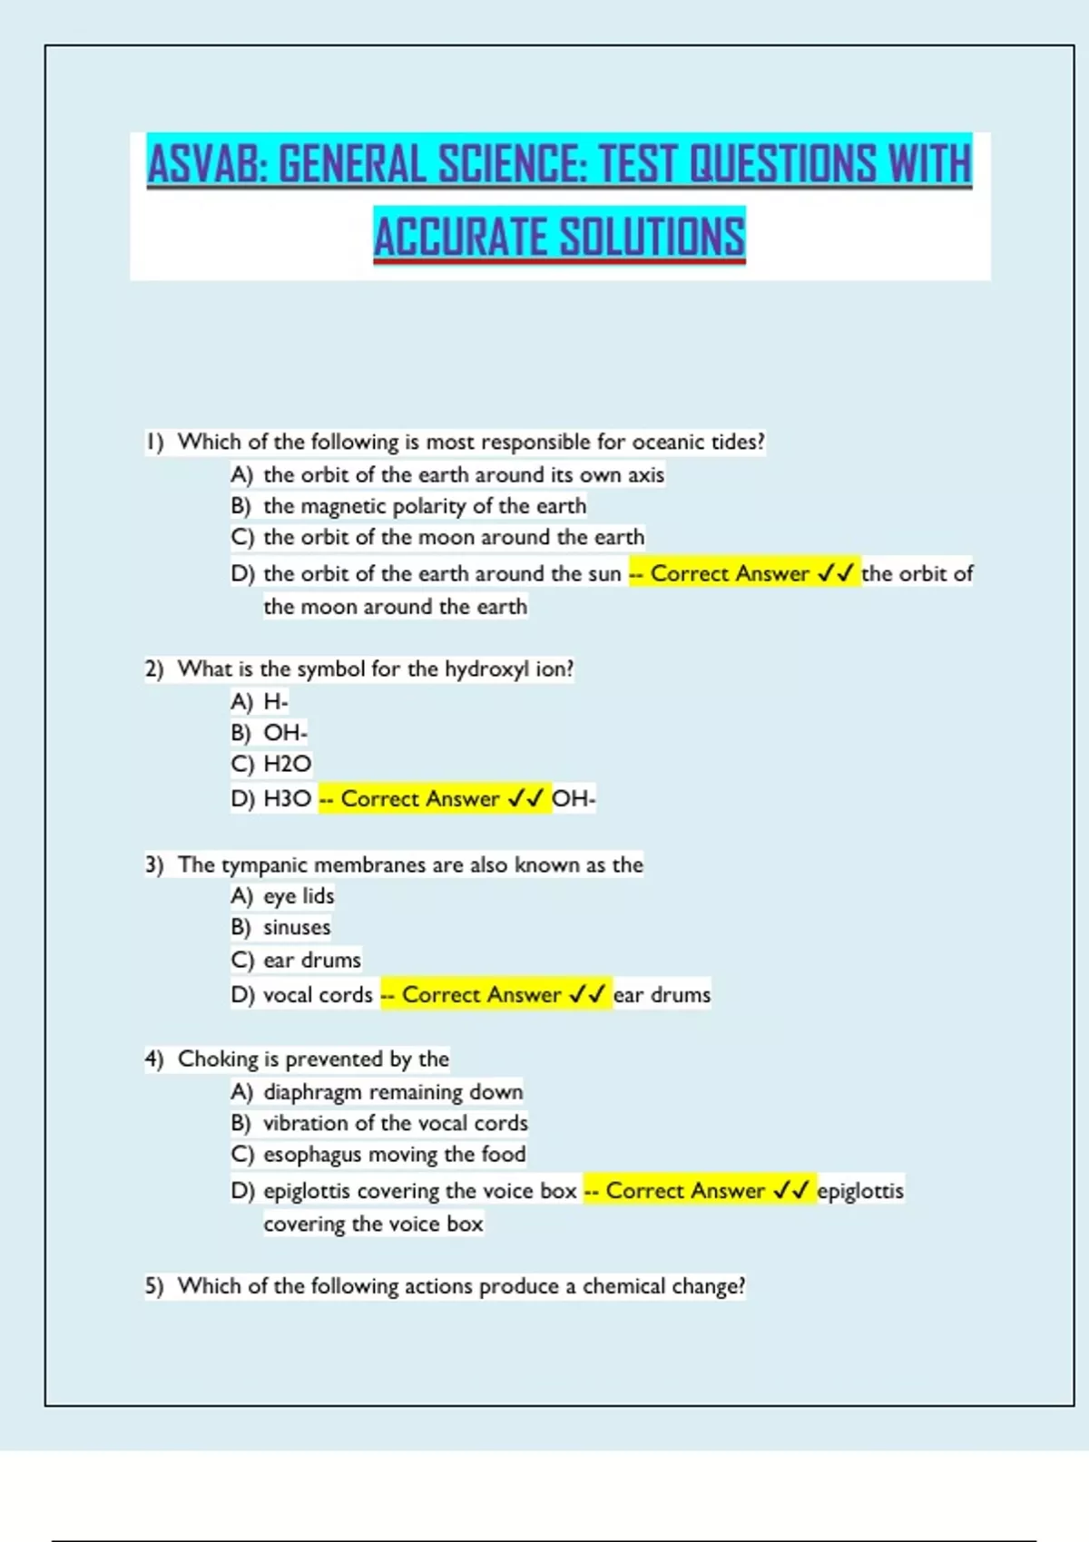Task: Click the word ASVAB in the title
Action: (207, 164)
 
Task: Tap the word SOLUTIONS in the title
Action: (652, 237)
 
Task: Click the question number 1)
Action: (155, 442)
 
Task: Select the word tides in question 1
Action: (737, 442)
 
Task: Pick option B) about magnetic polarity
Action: (408, 505)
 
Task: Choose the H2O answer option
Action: (287, 764)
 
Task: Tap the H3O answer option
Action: (287, 798)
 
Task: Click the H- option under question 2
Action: (275, 701)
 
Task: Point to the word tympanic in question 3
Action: (264, 864)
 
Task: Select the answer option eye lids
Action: (299, 896)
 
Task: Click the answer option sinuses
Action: (297, 927)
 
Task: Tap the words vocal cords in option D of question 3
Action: (318, 995)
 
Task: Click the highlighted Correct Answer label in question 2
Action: (419, 798)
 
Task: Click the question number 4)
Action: (154, 1059)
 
